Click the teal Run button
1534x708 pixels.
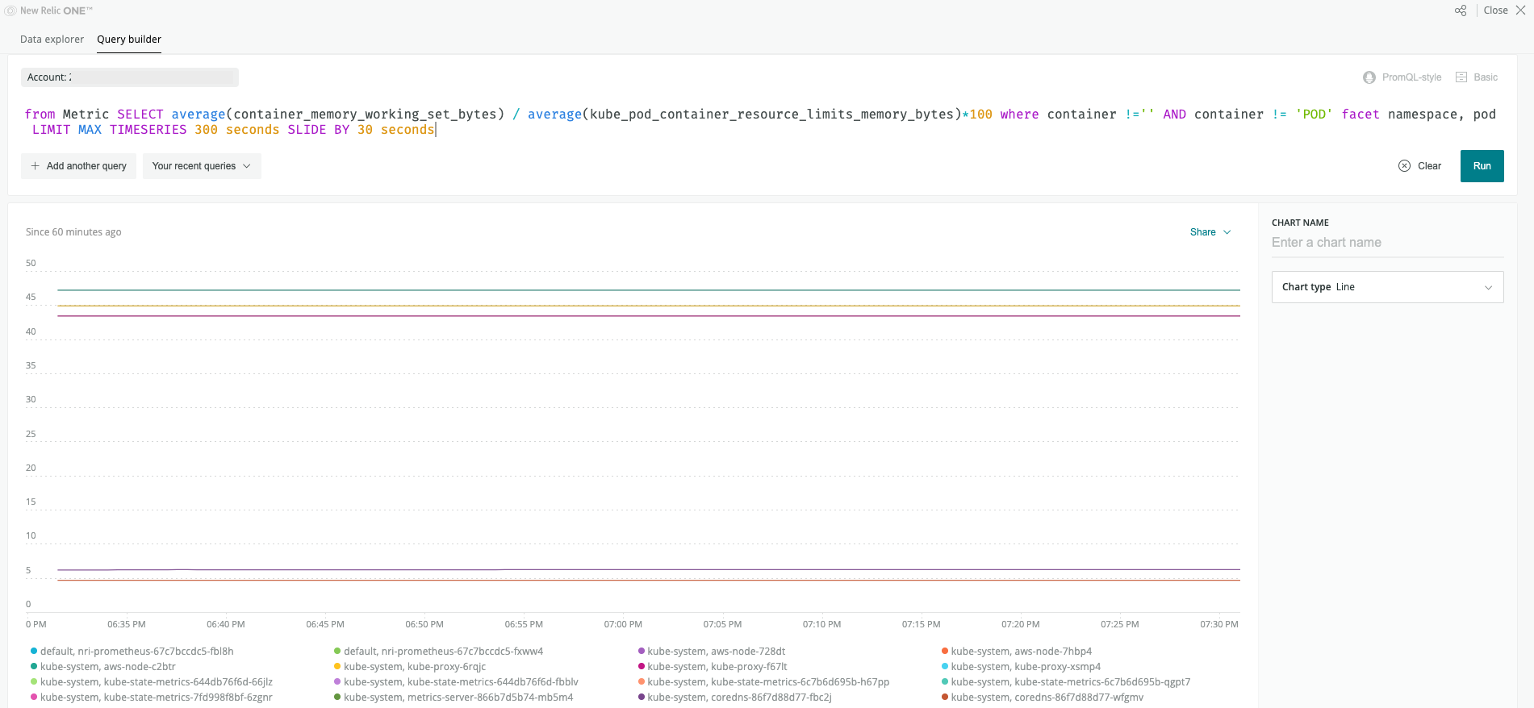tap(1482, 166)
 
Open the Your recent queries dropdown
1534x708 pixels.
tap(202, 166)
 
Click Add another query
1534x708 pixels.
tap(79, 166)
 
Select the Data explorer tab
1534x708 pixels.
tap(52, 40)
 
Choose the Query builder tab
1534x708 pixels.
tap(129, 40)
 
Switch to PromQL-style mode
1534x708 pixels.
tap(1402, 77)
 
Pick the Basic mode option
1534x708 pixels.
tap(1477, 77)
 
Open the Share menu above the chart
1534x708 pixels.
tap(1210, 232)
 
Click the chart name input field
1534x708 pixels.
tap(1387, 243)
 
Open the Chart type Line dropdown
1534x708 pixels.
tap(1387, 287)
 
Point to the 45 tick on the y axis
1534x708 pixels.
tap(31, 298)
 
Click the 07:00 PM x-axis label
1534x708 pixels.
tap(623, 624)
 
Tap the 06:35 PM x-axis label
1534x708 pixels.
tap(127, 624)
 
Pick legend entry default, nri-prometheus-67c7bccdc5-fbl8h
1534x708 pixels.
tap(132, 652)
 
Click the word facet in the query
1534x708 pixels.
tap(1361, 115)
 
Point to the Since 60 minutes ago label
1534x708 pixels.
tap(73, 232)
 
